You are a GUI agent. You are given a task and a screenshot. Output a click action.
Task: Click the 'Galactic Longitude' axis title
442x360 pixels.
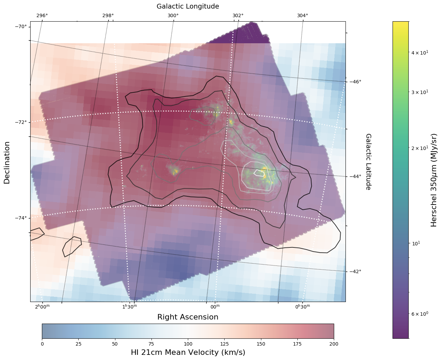click(x=188, y=7)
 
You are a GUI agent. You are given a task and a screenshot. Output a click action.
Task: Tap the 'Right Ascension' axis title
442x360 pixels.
click(x=188, y=317)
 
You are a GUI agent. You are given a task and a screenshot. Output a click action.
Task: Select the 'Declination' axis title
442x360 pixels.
click(x=7, y=163)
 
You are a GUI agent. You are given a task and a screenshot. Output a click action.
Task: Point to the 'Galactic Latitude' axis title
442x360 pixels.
click(x=368, y=162)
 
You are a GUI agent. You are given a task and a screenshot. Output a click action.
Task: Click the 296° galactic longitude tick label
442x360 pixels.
click(x=42, y=15)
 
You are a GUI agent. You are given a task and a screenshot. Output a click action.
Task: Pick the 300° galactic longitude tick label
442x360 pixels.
click(x=173, y=15)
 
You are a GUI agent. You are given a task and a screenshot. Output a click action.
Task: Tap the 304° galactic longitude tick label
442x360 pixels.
click(x=303, y=15)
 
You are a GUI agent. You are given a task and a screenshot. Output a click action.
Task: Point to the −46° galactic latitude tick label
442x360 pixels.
click(x=355, y=82)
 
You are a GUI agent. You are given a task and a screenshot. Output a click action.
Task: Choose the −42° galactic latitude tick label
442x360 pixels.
click(x=355, y=272)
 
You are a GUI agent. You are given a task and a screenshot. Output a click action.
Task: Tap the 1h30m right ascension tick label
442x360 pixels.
click(x=130, y=306)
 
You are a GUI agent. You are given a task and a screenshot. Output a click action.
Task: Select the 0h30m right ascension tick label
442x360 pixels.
click(x=303, y=306)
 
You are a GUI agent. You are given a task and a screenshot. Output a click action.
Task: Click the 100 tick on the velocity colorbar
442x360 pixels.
click(x=188, y=344)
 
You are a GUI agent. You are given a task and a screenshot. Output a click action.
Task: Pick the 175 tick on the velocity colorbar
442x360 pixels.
click(x=297, y=344)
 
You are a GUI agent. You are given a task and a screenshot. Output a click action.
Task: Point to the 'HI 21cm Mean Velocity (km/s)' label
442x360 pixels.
click(x=188, y=352)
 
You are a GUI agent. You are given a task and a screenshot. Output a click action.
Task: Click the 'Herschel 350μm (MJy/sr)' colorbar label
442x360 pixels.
click(x=434, y=180)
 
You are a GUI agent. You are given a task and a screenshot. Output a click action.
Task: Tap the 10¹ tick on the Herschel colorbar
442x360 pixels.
click(x=416, y=243)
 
